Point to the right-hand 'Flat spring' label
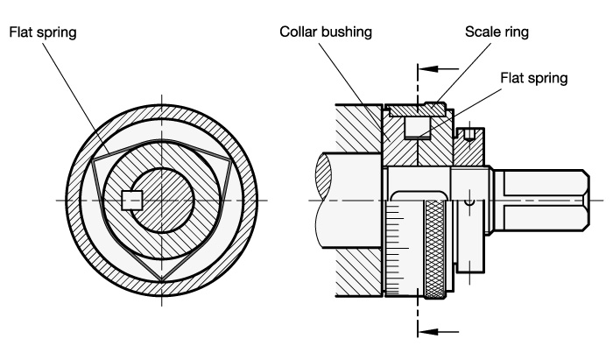(533, 77)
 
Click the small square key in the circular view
(131, 200)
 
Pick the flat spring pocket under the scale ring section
(418, 130)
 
